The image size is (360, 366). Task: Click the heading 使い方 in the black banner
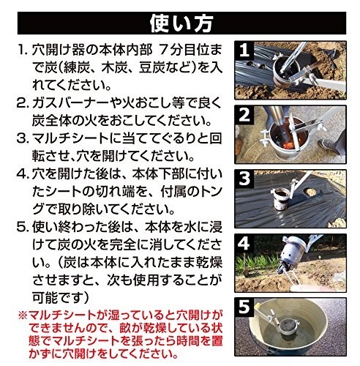(x=181, y=23)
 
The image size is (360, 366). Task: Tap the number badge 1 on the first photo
(x=244, y=51)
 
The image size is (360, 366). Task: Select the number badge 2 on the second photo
(x=244, y=115)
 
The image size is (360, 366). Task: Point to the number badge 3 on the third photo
(x=244, y=179)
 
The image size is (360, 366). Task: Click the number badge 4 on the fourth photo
(x=244, y=243)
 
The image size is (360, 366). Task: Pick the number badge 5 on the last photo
(x=244, y=307)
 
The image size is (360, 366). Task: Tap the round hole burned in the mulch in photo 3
(x=310, y=192)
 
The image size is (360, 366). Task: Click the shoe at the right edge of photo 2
(x=328, y=144)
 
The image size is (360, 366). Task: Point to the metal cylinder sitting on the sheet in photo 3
(x=282, y=199)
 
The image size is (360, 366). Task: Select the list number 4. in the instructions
(x=23, y=174)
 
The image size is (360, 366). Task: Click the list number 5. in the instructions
(x=23, y=228)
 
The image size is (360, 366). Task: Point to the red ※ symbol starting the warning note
(x=23, y=315)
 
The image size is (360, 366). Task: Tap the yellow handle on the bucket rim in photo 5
(x=257, y=307)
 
